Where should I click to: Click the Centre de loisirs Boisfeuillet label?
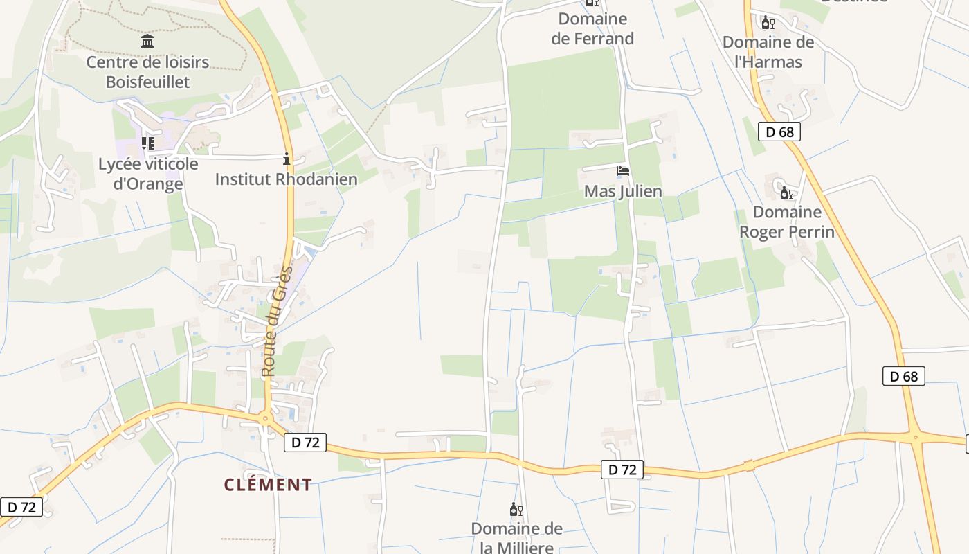click(147, 72)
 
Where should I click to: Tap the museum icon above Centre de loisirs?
click(147, 42)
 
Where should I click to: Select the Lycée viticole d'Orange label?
click(148, 174)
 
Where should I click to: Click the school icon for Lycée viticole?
click(147, 143)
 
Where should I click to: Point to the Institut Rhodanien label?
click(286, 179)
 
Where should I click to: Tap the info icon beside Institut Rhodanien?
click(287, 159)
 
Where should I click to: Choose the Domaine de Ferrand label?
click(592, 29)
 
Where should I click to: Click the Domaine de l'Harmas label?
click(768, 52)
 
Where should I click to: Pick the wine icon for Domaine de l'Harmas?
click(768, 23)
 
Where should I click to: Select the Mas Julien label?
click(623, 191)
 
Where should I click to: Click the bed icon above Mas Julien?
click(623, 170)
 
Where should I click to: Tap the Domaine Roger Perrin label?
click(787, 222)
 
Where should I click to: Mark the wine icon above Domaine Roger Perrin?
click(786, 193)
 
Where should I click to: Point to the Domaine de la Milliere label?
click(516, 538)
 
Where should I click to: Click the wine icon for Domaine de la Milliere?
click(516, 510)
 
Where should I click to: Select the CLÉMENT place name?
click(268, 485)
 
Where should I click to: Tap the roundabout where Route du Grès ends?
click(265, 418)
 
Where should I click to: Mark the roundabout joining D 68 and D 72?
click(915, 437)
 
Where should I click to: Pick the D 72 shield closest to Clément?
click(305, 443)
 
